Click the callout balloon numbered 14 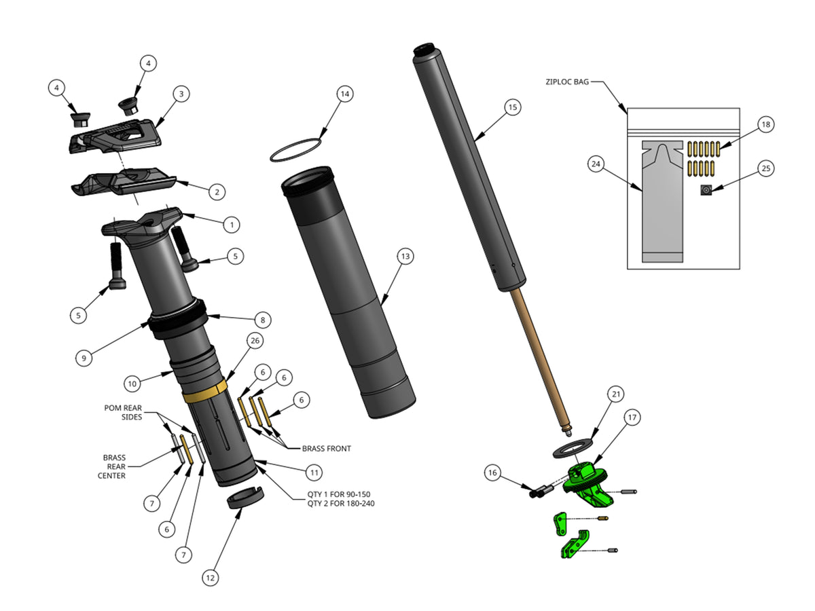point(344,94)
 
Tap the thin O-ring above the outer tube point(296,150)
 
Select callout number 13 point(405,257)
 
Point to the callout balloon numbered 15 point(513,107)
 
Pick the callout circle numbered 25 point(766,168)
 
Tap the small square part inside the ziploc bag point(706,191)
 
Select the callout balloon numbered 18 point(765,124)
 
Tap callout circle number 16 point(493,473)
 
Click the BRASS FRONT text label point(326,449)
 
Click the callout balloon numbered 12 point(211,578)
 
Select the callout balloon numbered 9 point(83,359)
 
